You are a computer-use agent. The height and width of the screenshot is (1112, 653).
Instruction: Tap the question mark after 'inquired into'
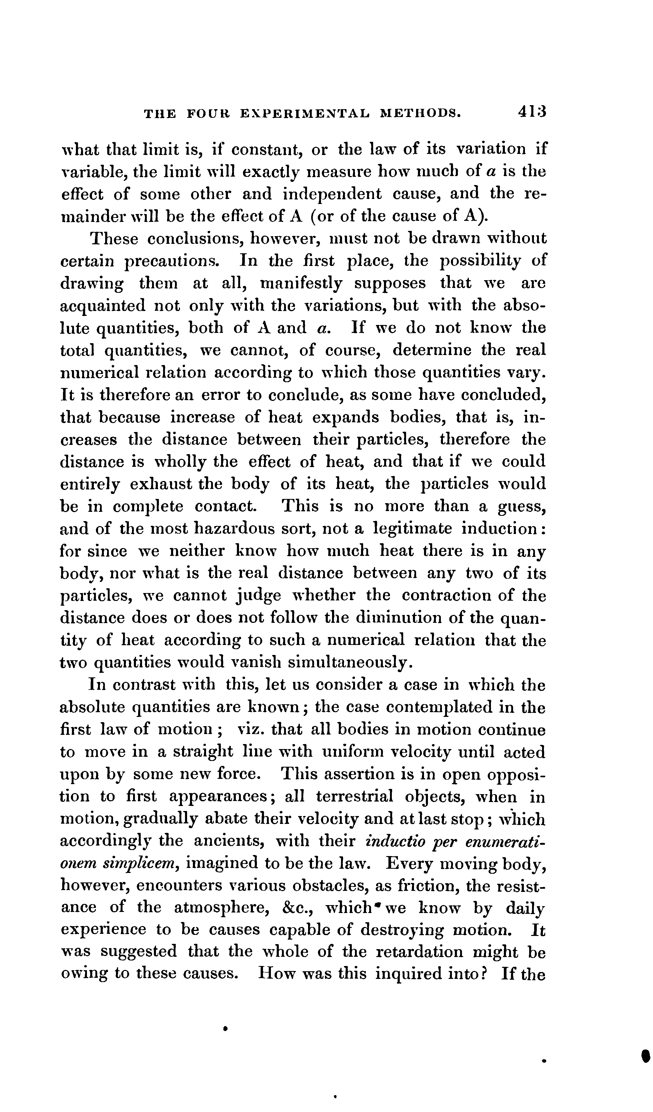coord(483,974)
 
